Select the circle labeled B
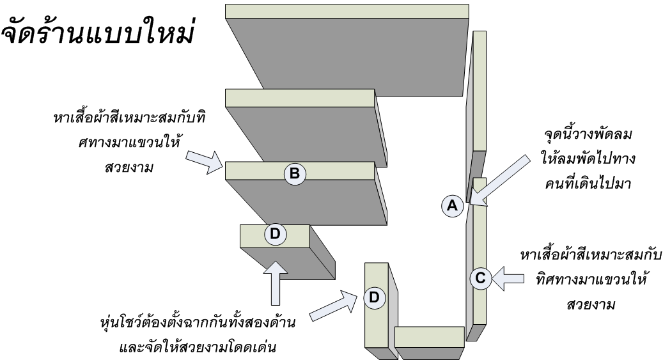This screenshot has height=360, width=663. point(295,173)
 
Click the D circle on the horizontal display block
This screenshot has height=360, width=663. point(275,234)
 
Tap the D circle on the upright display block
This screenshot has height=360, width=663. point(374,297)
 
